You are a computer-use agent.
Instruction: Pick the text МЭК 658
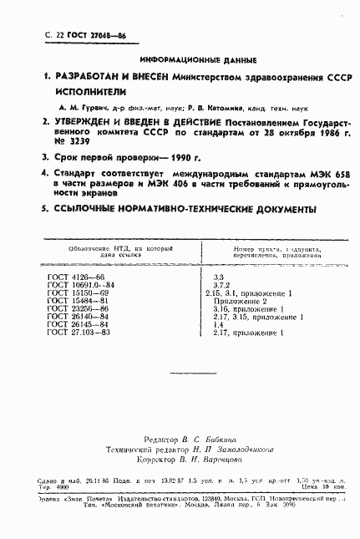pos(304,173)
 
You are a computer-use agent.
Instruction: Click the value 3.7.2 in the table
pos(224,284)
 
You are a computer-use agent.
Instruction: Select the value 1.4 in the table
pos(219,325)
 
